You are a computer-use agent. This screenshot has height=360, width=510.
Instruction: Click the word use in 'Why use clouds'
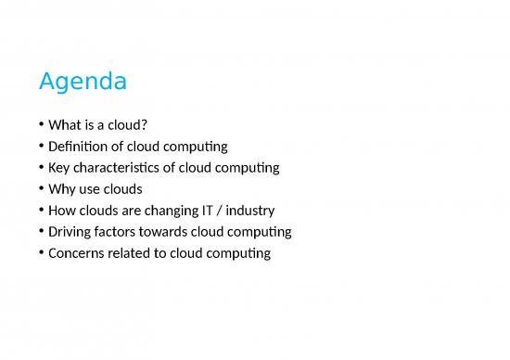click(94, 189)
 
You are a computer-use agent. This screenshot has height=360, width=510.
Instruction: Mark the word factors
click(125, 231)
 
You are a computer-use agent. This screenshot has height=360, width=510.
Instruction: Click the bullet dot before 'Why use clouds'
click(43, 190)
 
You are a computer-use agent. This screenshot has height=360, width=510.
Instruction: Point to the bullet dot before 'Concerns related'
click(43, 253)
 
